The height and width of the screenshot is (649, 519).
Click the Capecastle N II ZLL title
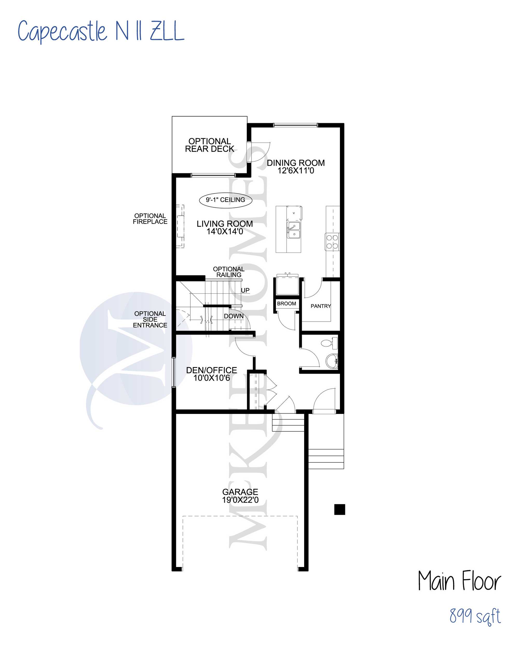click(x=101, y=31)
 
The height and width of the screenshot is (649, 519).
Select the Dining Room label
click(x=296, y=166)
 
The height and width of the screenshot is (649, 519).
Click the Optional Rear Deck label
click(x=209, y=145)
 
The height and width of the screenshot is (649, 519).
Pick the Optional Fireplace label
click(x=150, y=218)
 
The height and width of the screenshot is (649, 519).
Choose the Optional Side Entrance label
click(x=150, y=319)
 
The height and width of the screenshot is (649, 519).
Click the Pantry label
click(x=320, y=306)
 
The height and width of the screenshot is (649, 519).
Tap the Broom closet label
click(x=286, y=303)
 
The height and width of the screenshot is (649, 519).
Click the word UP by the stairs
click(x=245, y=290)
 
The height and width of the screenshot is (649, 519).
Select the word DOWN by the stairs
click(x=234, y=316)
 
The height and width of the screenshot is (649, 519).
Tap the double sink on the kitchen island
click(x=293, y=230)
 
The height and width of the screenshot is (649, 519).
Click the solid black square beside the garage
click(x=340, y=509)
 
